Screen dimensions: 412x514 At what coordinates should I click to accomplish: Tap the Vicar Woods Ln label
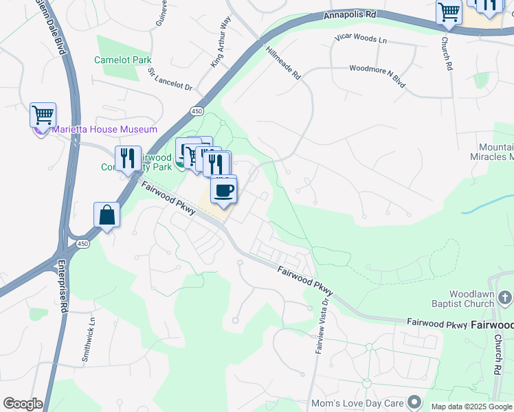(360, 39)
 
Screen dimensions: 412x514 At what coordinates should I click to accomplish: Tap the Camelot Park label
(123, 60)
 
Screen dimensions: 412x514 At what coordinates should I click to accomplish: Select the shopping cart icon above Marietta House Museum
(43, 115)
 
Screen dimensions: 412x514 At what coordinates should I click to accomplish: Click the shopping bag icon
(108, 214)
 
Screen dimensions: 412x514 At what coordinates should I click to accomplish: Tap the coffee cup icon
(223, 190)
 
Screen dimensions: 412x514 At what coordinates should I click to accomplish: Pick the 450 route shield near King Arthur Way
(197, 111)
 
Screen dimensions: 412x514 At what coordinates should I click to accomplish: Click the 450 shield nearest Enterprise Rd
(82, 243)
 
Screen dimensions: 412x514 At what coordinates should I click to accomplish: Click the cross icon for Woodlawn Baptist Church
(505, 297)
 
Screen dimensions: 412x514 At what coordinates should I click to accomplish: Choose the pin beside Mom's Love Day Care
(414, 401)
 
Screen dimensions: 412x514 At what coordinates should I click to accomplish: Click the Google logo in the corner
(22, 404)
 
